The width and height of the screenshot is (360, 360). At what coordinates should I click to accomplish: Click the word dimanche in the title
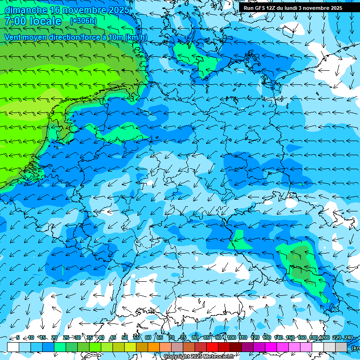pyautogui.click(x=26, y=9)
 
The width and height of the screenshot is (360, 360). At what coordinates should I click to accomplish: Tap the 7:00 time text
pyautogui.click(x=15, y=21)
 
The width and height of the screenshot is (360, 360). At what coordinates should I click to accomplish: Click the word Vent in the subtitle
pyautogui.click(x=14, y=37)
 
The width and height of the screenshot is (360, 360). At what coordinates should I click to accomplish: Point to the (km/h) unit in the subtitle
pyautogui.click(x=136, y=37)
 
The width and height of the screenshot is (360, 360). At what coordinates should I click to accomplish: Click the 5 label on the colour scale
pyautogui.click(x=18, y=337)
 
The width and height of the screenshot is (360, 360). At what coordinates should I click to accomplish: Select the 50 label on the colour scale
pyautogui.click(x=125, y=337)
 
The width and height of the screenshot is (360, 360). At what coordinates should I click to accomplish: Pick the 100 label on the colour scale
pyautogui.click(x=231, y=337)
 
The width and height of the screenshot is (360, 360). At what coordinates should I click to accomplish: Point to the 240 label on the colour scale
pyautogui.click(x=348, y=337)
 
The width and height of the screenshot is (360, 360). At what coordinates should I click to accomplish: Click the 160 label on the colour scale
pyautogui.click(x=301, y=337)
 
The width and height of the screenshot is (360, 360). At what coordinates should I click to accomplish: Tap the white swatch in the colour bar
pyautogui.click(x=13, y=347)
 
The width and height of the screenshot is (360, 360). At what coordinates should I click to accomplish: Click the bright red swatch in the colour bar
pyautogui.click(x=212, y=347)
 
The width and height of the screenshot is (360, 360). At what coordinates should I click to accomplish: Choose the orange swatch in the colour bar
pyautogui.click(x=154, y=347)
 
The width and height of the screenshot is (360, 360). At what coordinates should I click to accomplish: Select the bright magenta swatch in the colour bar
pyautogui.click(x=271, y=347)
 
